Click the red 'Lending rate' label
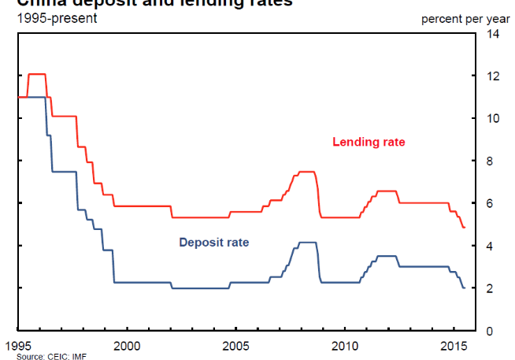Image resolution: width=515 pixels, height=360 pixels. click(369, 143)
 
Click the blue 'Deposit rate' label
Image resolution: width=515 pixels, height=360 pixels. click(214, 242)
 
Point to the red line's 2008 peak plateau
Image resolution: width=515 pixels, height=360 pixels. click(307, 171)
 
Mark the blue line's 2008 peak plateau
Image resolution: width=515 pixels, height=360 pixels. click(307, 242)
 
